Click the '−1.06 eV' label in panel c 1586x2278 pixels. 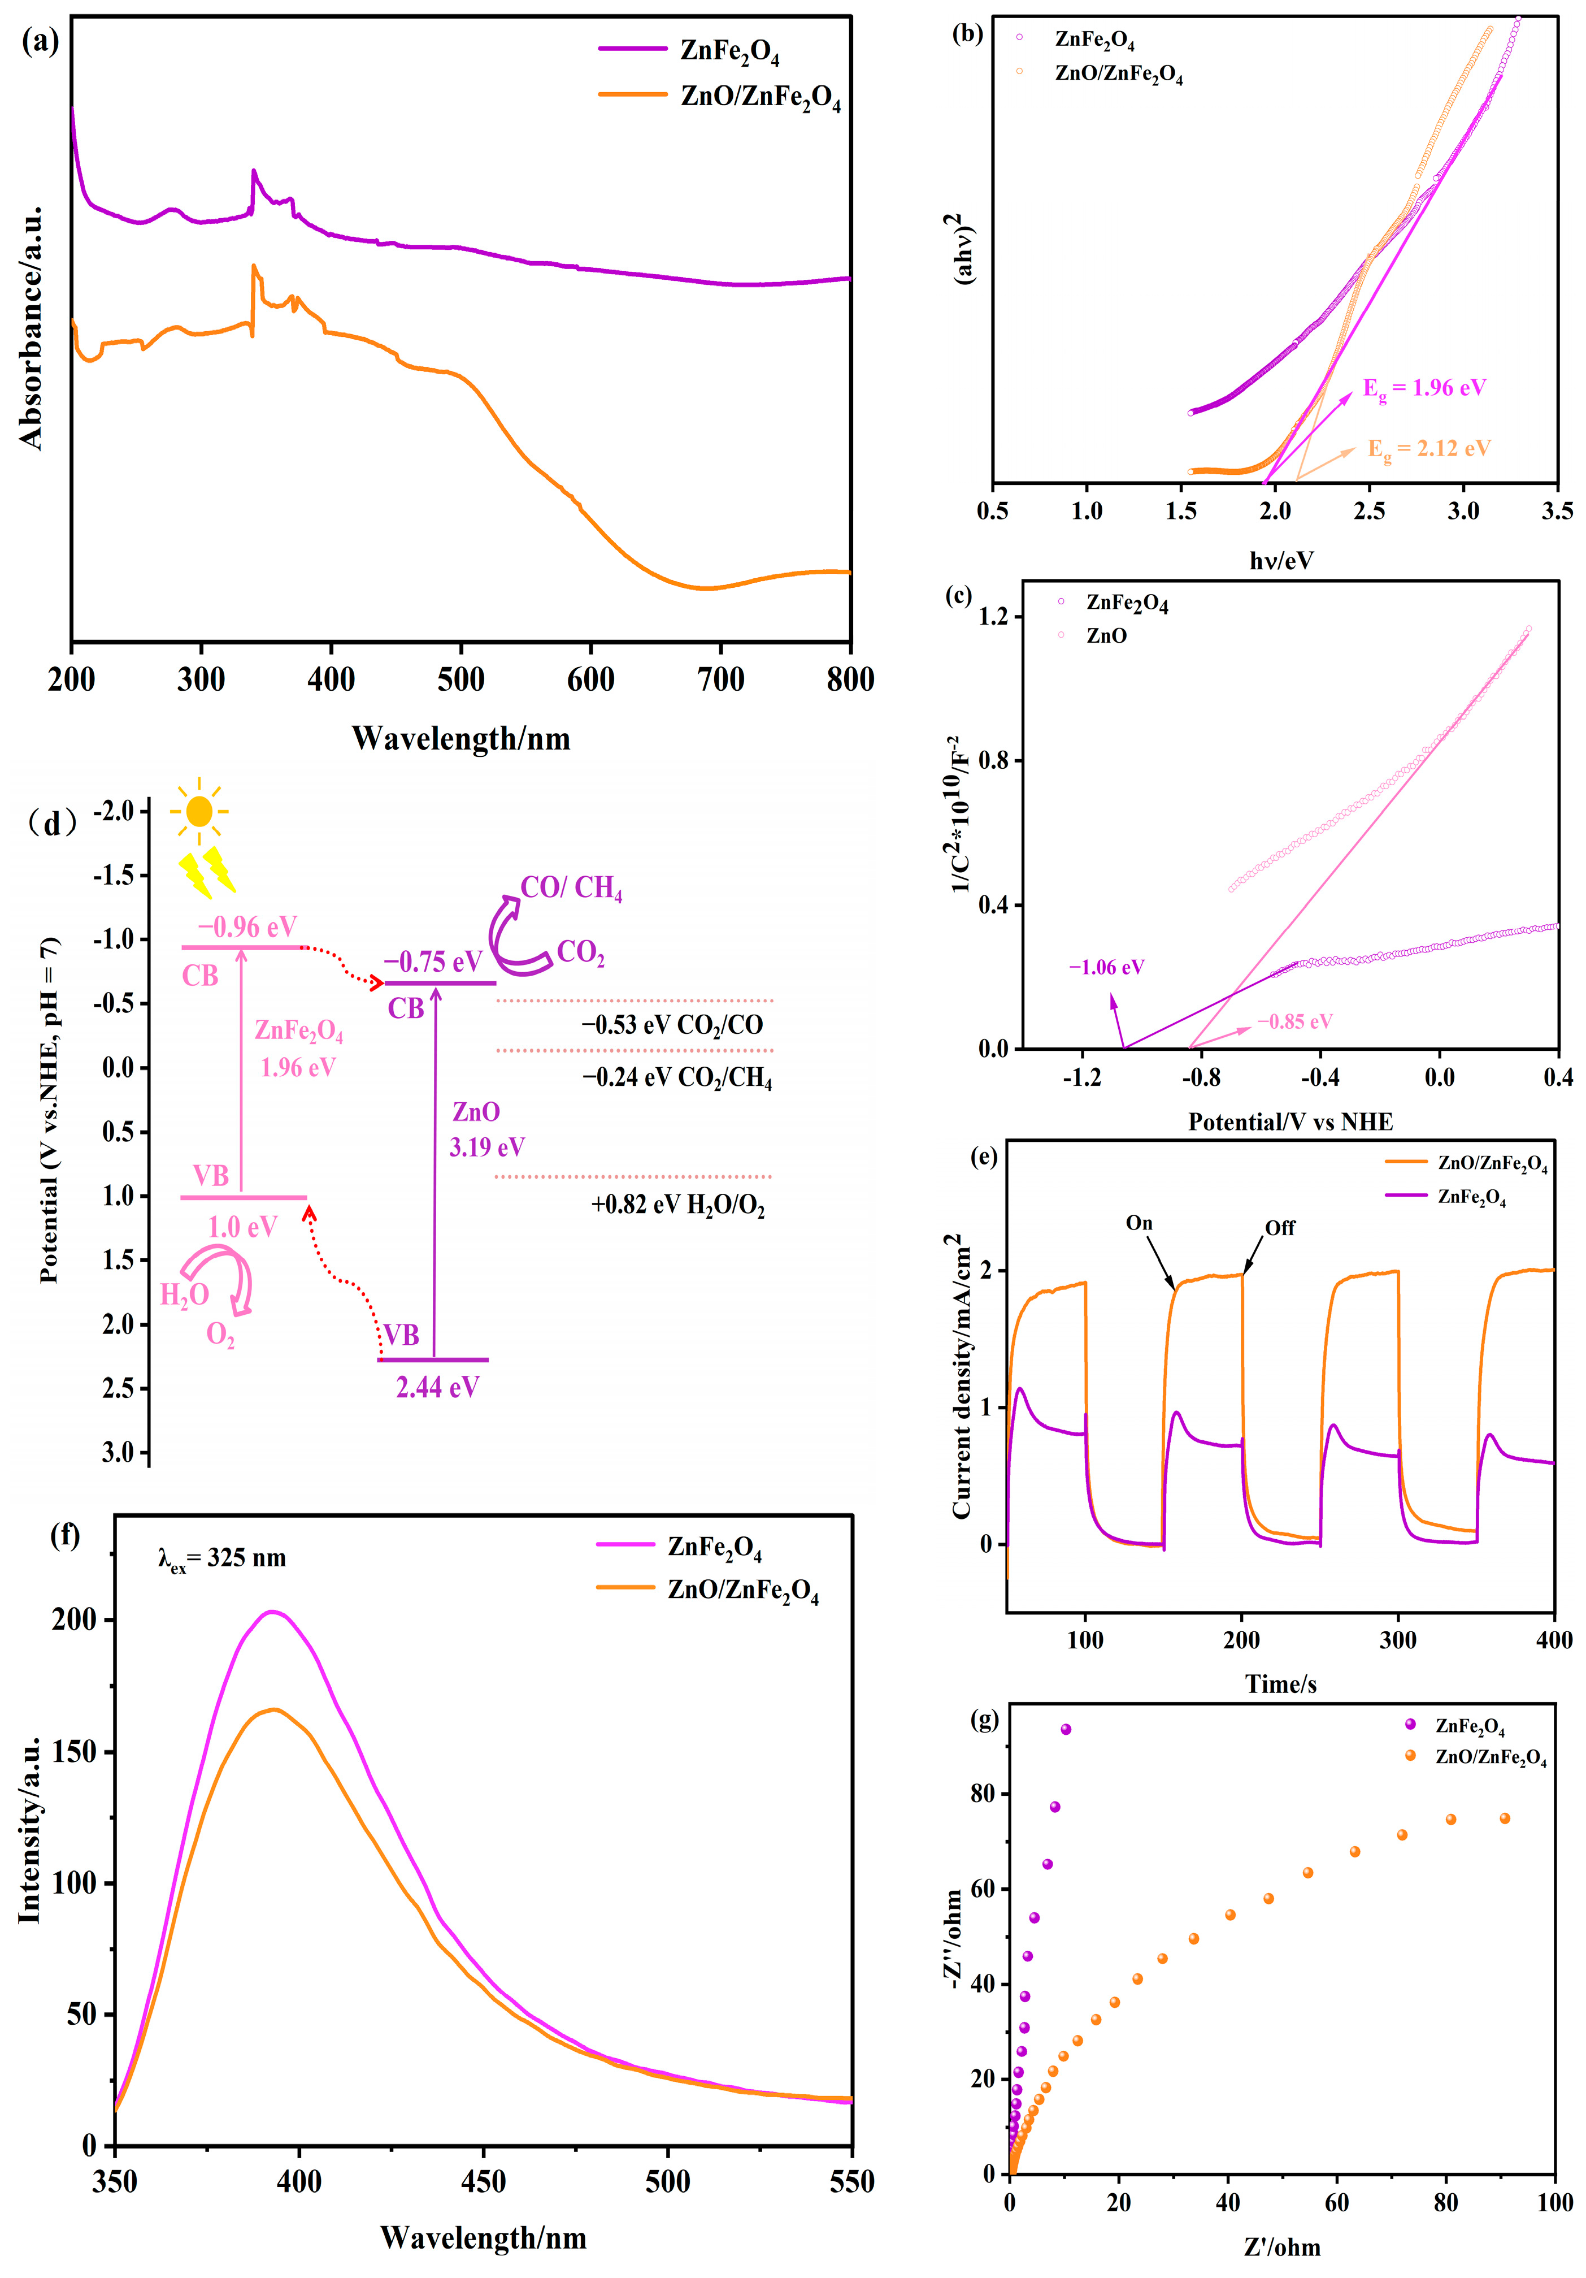tap(1106, 967)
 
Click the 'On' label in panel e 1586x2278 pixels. tap(1139, 1223)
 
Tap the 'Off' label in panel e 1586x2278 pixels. tap(1280, 1228)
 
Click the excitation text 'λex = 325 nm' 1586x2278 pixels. tap(222, 1558)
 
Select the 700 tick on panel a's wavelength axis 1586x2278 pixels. tap(720, 681)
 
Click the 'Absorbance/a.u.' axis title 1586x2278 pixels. tap(32, 327)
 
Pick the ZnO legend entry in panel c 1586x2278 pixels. tap(1106, 636)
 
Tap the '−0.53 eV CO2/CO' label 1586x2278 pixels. tap(671, 1025)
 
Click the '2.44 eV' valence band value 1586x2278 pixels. tap(437, 1387)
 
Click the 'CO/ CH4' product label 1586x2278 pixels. tap(571, 888)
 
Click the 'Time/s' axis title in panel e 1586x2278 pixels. tap(1280, 1684)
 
